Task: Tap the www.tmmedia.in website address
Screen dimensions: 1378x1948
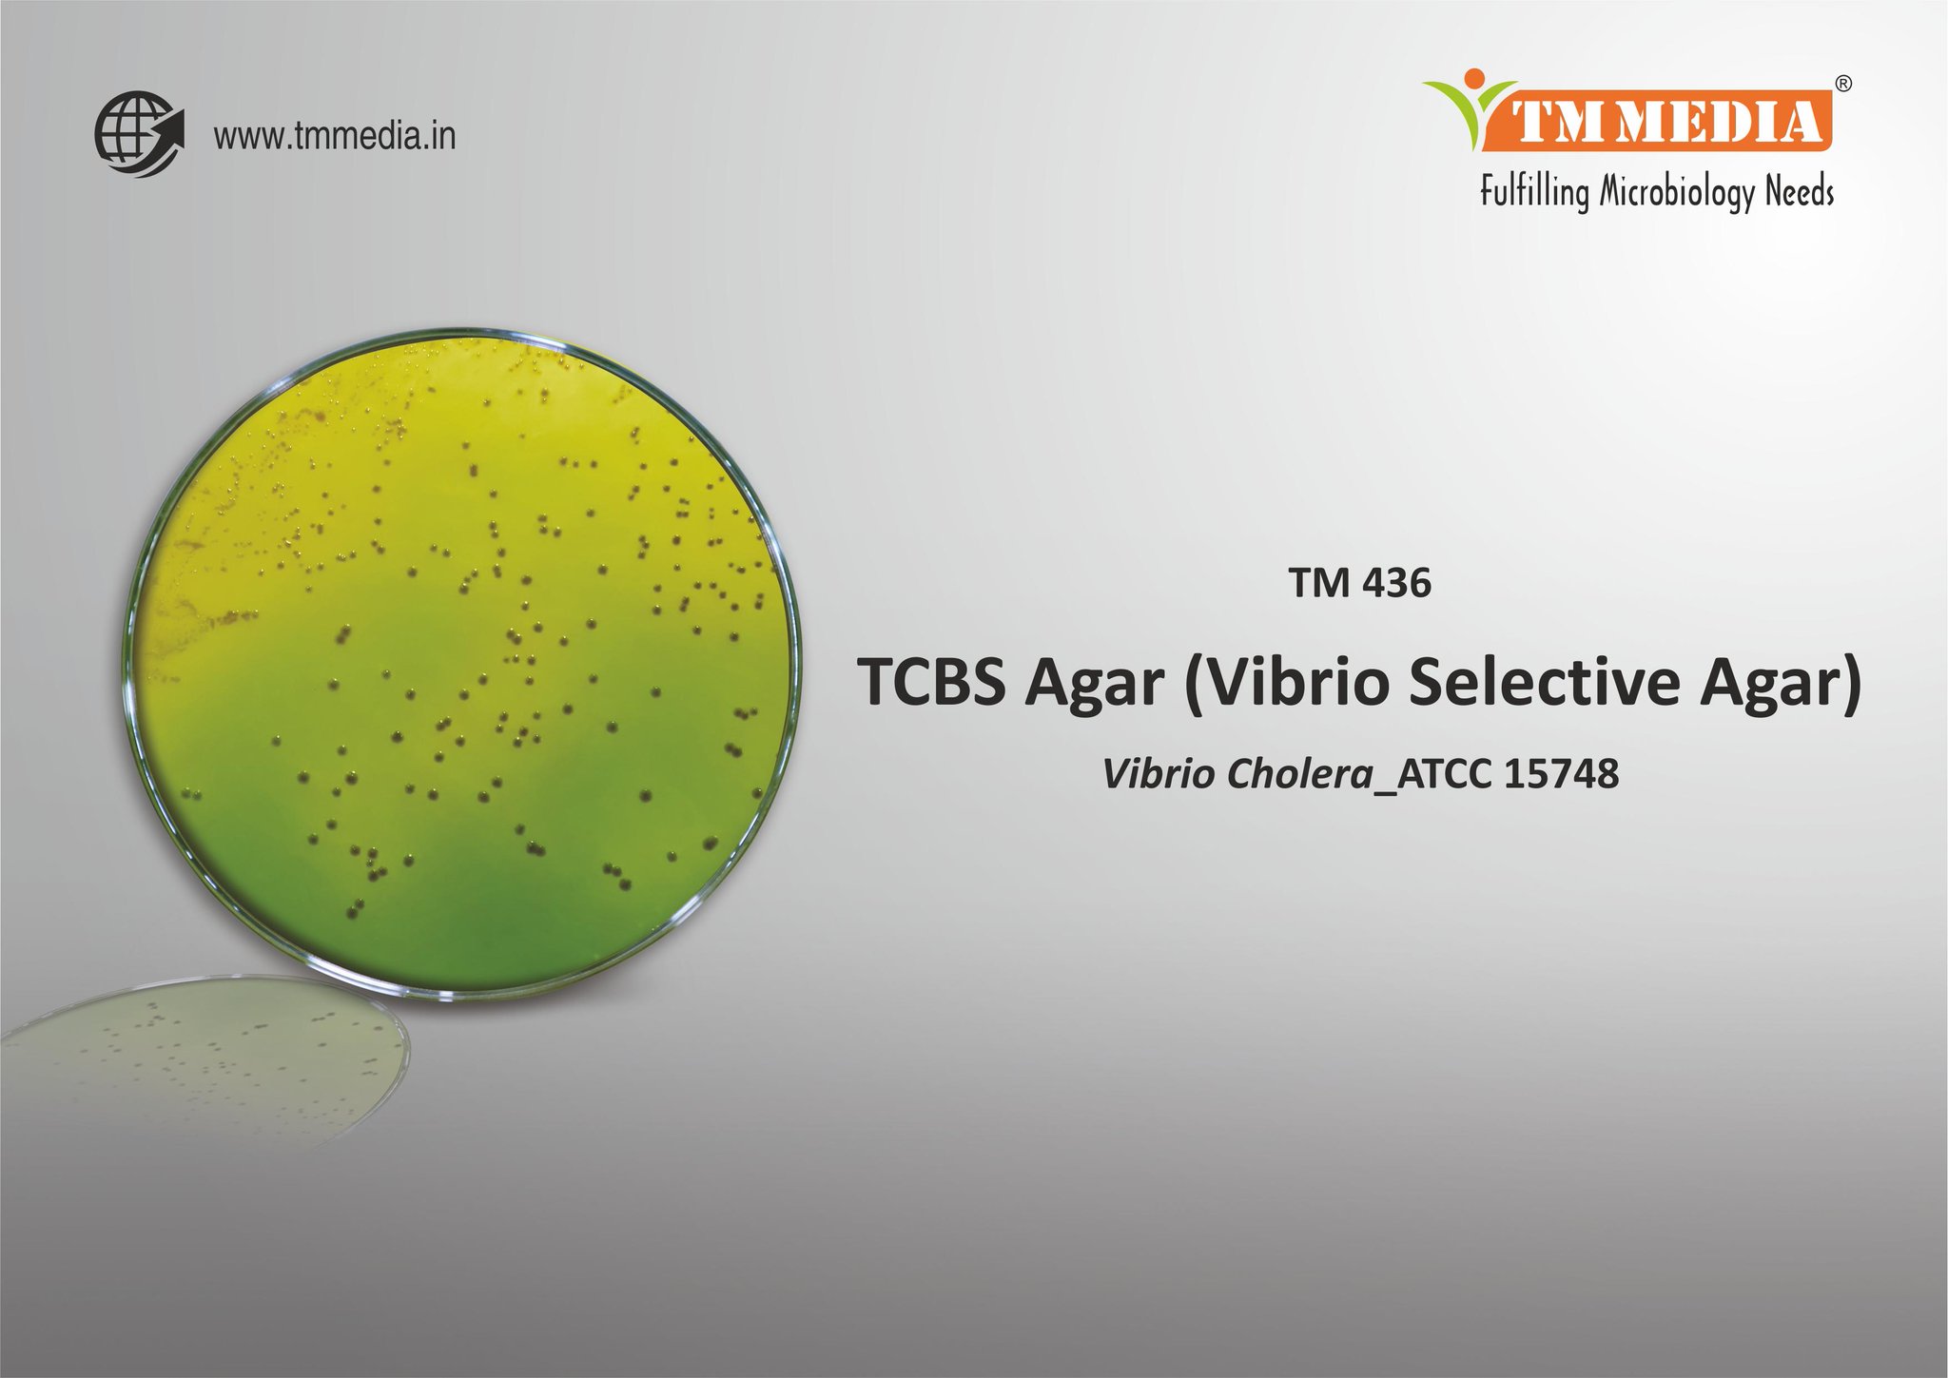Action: click(334, 137)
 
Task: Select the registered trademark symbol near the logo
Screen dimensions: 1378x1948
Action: click(1842, 84)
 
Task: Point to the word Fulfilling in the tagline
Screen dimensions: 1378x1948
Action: click(1533, 192)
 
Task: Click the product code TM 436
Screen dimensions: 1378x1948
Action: click(1359, 583)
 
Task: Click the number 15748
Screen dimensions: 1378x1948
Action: click(1562, 774)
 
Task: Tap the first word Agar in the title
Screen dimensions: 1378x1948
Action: click(1094, 682)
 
